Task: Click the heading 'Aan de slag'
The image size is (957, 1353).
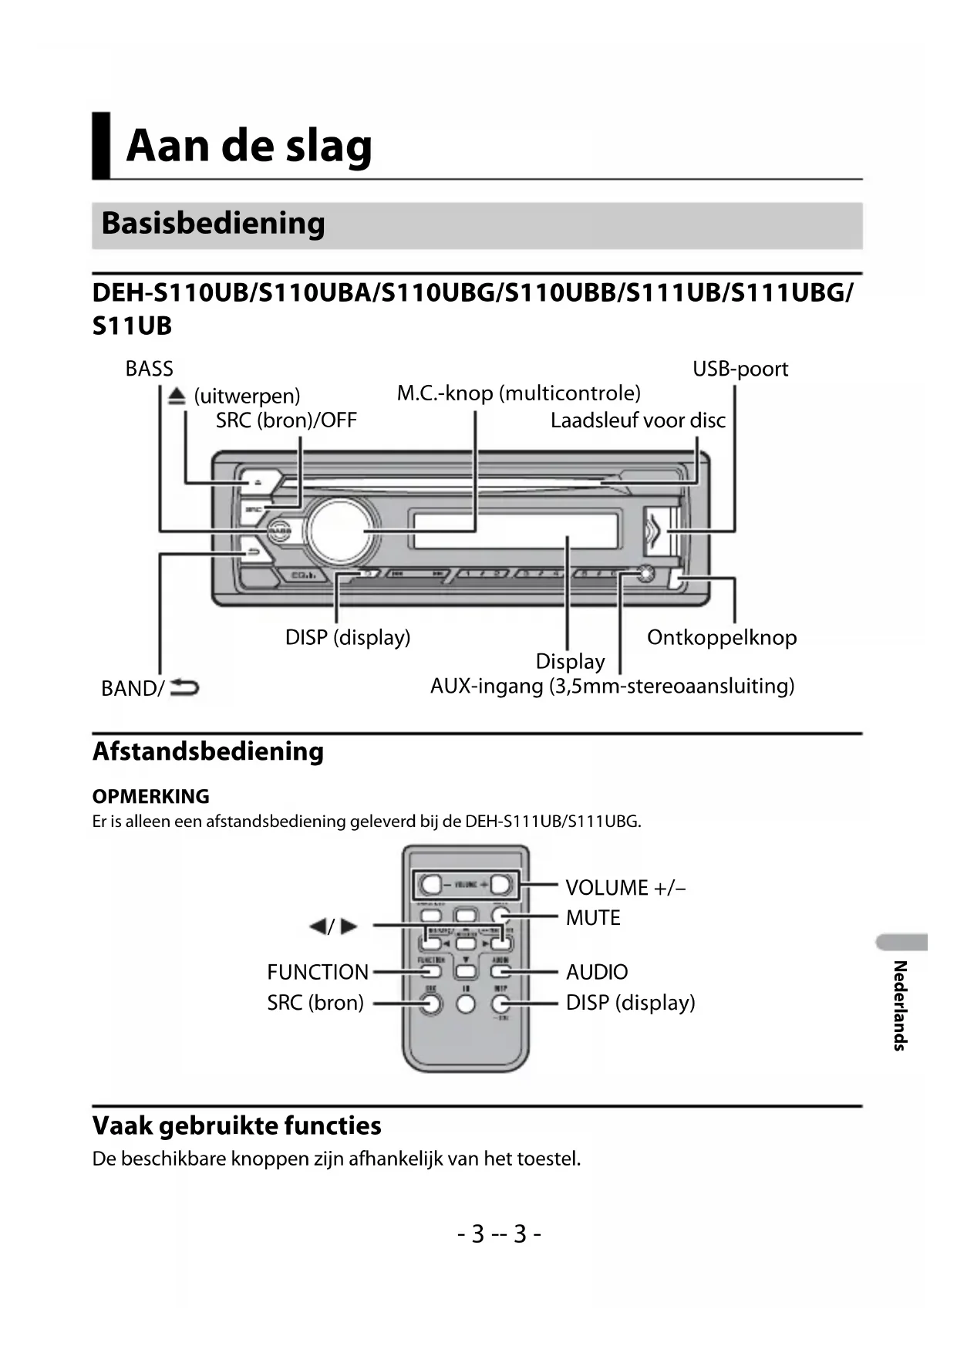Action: [248, 146]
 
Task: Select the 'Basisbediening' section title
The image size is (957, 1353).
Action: [213, 224]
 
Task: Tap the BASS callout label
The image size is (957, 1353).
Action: [149, 369]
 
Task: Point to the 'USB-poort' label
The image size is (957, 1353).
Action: [740, 369]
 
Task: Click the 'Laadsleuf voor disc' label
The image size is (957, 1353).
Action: [638, 420]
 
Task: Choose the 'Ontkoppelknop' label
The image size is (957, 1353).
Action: [721, 637]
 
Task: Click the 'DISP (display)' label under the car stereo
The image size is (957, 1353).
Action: [347, 637]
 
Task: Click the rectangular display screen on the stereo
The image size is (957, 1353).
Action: [515, 531]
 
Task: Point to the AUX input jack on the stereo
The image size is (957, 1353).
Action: [645, 573]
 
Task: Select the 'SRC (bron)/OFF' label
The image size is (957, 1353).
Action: [286, 420]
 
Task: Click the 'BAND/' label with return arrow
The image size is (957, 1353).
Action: [150, 687]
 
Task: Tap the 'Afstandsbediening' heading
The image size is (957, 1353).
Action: [207, 751]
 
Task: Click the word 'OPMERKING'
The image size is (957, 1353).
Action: [150, 796]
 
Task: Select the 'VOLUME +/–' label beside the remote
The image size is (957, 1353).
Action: [625, 888]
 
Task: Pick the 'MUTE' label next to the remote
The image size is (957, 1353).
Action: [593, 918]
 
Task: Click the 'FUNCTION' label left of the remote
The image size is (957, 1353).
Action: [318, 972]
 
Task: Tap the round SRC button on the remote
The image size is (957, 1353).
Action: [432, 1004]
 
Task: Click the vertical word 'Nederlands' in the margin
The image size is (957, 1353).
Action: [899, 1005]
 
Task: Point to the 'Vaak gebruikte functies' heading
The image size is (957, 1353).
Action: [237, 1125]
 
